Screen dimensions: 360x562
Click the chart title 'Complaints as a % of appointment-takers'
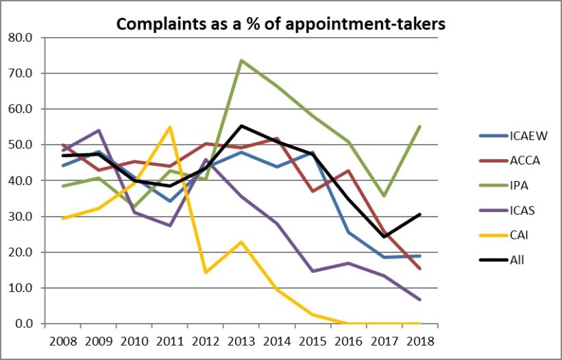pos(281,24)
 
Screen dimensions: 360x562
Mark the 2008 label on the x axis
pos(62,341)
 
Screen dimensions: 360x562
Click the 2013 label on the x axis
pos(241,341)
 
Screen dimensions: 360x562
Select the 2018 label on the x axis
pos(419,341)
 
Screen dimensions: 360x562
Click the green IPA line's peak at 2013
pos(241,60)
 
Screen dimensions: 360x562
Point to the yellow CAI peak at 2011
pos(170,127)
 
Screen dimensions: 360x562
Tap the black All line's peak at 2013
pos(241,125)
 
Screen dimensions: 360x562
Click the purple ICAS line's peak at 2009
pos(99,130)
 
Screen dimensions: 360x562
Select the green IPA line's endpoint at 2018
pos(419,126)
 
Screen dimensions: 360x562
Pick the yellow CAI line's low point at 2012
pos(206,272)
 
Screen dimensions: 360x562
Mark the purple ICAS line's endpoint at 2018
pos(419,300)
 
